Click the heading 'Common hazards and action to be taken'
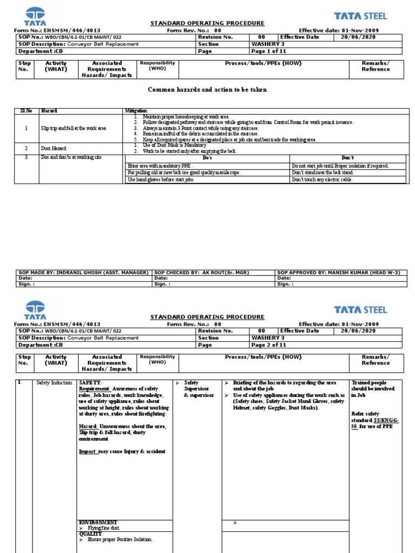[207, 89]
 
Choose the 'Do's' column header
[207, 157]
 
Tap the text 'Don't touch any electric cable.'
[322, 180]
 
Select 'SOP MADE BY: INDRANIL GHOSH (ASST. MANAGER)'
[83, 273]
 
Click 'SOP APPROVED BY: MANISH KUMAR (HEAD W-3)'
[338, 273]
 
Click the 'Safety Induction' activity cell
[54, 383]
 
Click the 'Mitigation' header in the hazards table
[136, 111]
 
